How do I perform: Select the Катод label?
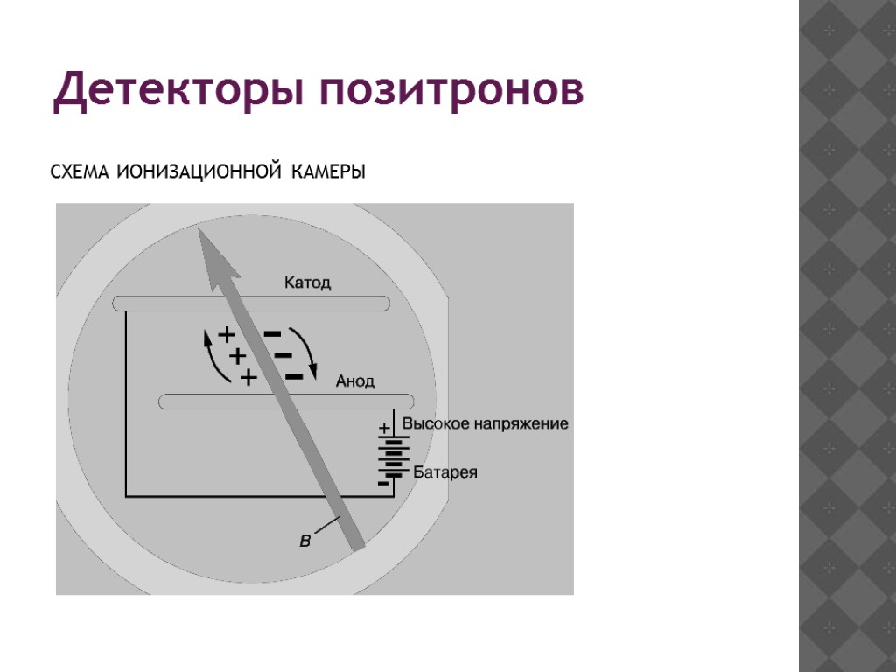tap(307, 283)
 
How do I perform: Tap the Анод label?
tap(355, 381)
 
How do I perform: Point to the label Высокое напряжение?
tap(485, 424)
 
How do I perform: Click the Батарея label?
tap(445, 473)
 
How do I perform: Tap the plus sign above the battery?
tap(383, 429)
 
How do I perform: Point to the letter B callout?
tap(304, 542)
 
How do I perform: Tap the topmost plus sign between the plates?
tap(227, 335)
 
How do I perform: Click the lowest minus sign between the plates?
tap(294, 377)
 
